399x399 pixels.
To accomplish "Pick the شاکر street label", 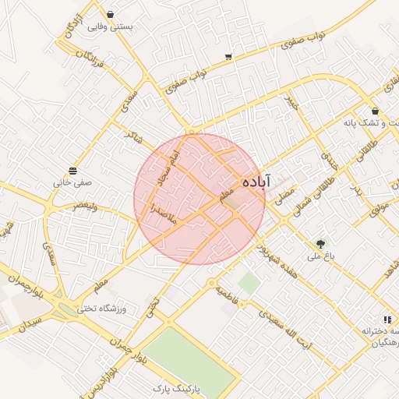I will pos(134,137).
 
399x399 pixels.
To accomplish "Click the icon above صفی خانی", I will pos(72,171).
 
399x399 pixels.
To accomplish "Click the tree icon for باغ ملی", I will pos(322,244).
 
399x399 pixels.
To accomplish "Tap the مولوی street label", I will pos(380,206).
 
